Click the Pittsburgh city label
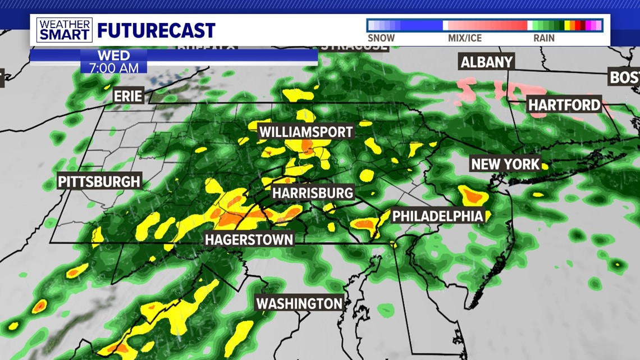[99, 181]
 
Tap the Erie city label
[128, 95]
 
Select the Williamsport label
[306, 132]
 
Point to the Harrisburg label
[313, 193]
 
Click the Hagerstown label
[249, 239]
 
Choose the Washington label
[299, 303]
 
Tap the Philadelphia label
[437, 216]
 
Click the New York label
[505, 164]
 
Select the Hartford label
[564, 104]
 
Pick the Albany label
[487, 62]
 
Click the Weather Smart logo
[64, 30]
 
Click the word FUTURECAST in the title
[156, 30]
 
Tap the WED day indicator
[113, 55]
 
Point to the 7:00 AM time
[113, 67]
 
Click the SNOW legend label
[381, 38]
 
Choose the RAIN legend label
[543, 38]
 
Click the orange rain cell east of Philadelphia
[472, 197]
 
